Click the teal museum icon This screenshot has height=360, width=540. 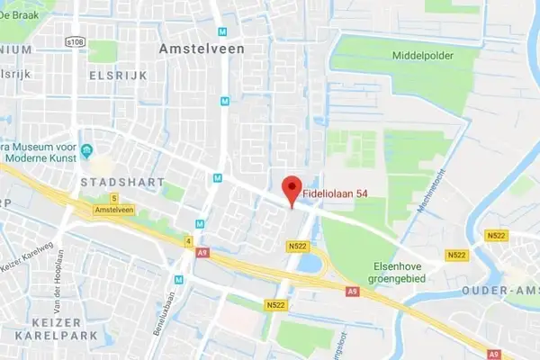pyautogui.click(x=86, y=149)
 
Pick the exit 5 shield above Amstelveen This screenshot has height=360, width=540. pyautogui.click(x=114, y=198)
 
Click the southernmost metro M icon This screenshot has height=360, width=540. pyautogui.click(x=178, y=279)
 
